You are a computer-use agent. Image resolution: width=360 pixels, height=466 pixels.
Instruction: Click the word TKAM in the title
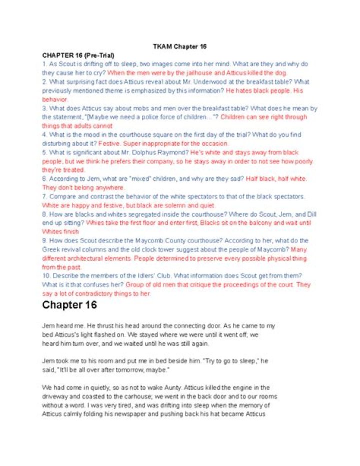(x=161, y=47)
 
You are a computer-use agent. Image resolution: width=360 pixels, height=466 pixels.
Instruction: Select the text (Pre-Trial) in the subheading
(x=100, y=55)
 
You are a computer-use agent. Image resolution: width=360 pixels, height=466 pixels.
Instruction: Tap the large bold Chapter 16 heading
(x=69, y=305)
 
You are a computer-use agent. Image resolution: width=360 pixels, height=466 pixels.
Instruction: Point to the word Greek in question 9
(x=51, y=250)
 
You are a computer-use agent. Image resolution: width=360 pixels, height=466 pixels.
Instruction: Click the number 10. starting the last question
(x=46, y=276)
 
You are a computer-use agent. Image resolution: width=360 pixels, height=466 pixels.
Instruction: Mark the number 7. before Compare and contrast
(x=44, y=197)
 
